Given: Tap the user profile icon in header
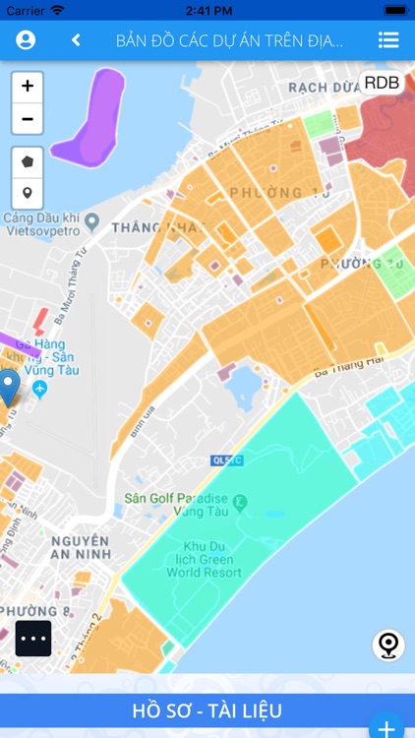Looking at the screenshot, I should click(x=26, y=40).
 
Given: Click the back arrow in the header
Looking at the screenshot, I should click(x=76, y=40).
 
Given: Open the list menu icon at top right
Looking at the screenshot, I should click(x=388, y=40).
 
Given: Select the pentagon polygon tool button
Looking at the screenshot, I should click(x=28, y=160).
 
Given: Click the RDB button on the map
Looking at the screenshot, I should click(x=382, y=83).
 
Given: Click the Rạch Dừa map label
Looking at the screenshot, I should click(x=320, y=87).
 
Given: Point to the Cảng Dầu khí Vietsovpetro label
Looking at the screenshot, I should click(x=44, y=222).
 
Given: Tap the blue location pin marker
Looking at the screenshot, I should click(x=9, y=387).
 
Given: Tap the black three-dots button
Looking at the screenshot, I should click(x=33, y=638).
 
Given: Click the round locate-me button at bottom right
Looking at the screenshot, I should click(x=388, y=646).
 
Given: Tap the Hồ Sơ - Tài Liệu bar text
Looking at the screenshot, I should click(x=207, y=710).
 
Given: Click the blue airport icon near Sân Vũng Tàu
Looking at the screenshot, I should click(x=40, y=390).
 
